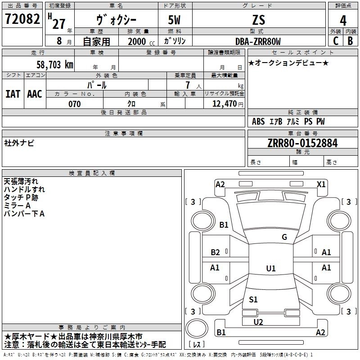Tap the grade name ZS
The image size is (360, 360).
point(259,20)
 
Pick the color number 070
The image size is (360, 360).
point(74,104)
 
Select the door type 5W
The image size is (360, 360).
point(175,20)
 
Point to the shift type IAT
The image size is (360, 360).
point(13,94)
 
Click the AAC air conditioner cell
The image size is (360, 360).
point(34,94)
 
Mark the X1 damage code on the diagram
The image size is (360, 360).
point(321,184)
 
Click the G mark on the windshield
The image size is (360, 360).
point(284,237)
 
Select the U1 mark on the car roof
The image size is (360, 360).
point(271,269)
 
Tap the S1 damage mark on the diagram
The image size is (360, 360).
point(253,299)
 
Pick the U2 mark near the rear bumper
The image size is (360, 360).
point(258,322)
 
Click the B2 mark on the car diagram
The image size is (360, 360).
point(215,252)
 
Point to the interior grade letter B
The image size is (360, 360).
point(350,41)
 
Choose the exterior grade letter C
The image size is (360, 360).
point(336,41)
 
